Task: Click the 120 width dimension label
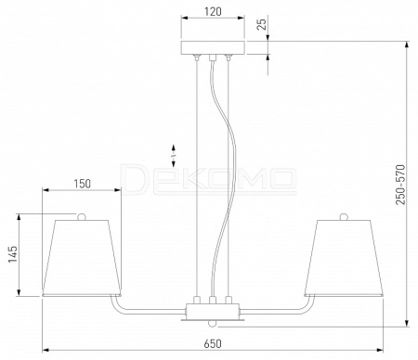click(213, 12)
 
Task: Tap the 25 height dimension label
click(262, 24)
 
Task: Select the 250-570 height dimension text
click(400, 185)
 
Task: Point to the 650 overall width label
click(213, 343)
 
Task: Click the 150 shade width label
click(83, 184)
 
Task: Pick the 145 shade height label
click(13, 254)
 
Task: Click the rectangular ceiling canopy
click(213, 47)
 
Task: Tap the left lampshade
click(82, 258)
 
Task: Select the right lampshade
click(344, 258)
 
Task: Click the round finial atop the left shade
click(82, 216)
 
